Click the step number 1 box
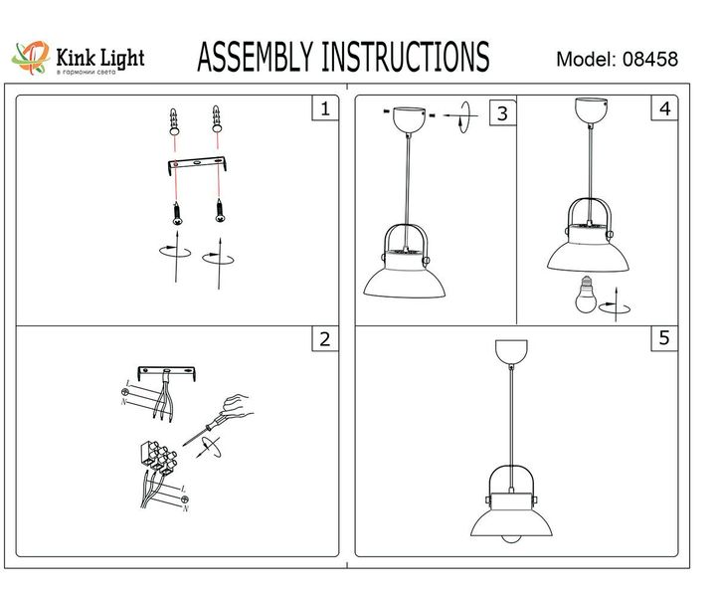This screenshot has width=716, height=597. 322,108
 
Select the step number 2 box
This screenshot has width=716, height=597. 322,339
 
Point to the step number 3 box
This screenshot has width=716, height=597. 502,113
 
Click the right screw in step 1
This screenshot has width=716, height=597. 216,211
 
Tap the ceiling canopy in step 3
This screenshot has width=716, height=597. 406,117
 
